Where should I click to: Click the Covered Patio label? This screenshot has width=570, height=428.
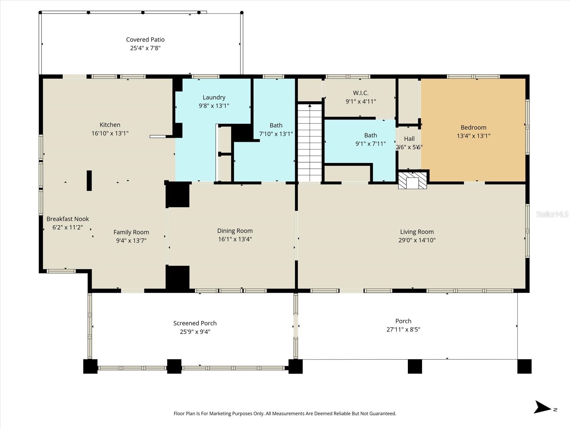click(145, 40)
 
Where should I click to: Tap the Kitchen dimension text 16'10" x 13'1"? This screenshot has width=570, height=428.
click(110, 133)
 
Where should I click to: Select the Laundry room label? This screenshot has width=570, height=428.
click(214, 97)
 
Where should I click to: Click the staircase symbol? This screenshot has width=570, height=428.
click(310, 143)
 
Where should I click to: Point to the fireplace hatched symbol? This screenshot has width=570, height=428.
click(412, 181)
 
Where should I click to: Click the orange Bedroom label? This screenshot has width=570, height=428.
click(473, 127)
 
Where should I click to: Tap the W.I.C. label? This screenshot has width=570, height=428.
click(361, 93)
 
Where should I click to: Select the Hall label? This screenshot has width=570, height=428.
click(409, 139)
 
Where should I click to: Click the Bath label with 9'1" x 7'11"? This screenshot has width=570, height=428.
click(370, 135)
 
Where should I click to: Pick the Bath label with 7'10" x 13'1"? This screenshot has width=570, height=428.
click(276, 125)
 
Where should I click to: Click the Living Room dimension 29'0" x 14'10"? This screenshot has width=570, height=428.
click(417, 240)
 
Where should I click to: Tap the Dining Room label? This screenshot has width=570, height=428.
click(235, 231)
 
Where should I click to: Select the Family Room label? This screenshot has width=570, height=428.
click(131, 232)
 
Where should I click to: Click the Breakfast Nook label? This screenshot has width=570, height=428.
click(68, 219)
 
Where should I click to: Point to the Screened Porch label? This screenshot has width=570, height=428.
click(195, 323)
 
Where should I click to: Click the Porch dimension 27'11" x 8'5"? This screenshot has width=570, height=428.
click(403, 330)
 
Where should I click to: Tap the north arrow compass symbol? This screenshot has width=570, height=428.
click(543, 407)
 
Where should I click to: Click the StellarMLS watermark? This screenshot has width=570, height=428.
click(552, 214)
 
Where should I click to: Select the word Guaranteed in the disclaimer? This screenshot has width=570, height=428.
click(382, 414)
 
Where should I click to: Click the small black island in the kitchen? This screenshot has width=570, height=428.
click(89, 180)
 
